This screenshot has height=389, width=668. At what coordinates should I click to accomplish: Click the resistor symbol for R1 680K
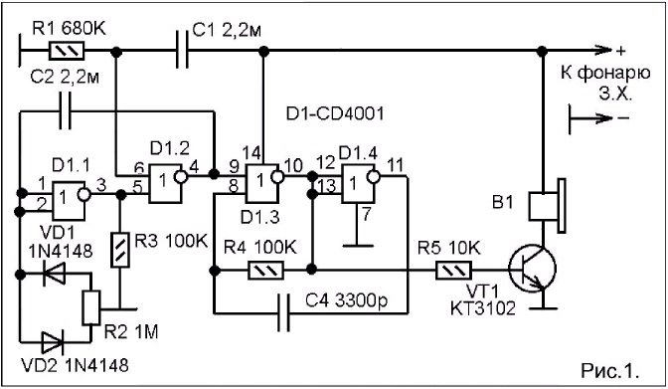click(67, 51)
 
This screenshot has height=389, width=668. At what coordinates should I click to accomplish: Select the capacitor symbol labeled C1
click(182, 51)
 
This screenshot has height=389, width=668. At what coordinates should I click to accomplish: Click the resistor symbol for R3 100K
click(120, 250)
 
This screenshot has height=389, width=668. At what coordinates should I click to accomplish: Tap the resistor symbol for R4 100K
click(265, 271)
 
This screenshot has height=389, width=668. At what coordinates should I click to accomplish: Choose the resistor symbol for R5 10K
click(453, 271)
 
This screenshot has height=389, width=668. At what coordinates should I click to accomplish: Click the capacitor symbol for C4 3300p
click(283, 313)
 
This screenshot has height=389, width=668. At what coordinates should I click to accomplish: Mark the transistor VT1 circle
click(532, 269)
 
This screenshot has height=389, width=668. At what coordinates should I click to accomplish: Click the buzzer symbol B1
click(548, 207)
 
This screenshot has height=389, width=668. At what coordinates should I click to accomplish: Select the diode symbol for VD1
click(54, 274)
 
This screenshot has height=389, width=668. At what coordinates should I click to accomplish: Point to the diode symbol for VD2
click(52, 341)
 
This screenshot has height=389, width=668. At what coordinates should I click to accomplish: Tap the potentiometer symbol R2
click(90, 308)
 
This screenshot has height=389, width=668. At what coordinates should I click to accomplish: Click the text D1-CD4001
click(335, 114)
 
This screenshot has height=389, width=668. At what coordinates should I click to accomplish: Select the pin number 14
click(252, 153)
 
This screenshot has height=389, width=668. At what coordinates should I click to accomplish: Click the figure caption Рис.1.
click(610, 370)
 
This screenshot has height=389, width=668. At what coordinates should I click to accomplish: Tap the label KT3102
click(483, 308)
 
